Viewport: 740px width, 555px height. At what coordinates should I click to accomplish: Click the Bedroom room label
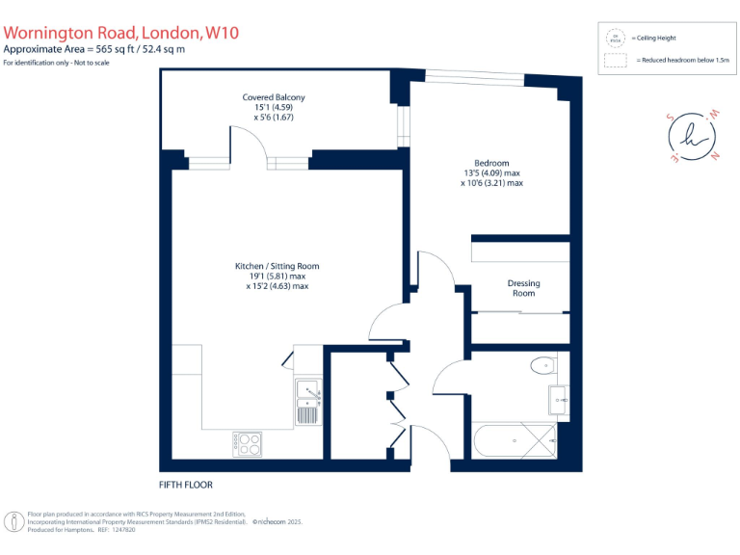491,164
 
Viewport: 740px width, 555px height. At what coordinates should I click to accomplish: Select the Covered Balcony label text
274,97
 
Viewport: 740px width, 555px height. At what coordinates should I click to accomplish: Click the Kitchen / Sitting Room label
277,266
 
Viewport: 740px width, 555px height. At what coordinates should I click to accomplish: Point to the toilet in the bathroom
543,365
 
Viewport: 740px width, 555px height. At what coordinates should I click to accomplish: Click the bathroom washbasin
559,397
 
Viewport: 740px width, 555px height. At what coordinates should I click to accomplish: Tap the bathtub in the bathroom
515,441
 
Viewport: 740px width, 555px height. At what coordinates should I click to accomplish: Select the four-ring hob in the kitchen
247,443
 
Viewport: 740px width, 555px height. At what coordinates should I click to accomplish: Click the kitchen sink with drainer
308,399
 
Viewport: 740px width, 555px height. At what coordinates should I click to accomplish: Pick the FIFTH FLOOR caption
186,485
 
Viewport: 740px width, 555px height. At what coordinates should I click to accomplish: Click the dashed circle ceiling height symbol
613,38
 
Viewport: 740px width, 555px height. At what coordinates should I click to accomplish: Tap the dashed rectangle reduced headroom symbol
613,60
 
